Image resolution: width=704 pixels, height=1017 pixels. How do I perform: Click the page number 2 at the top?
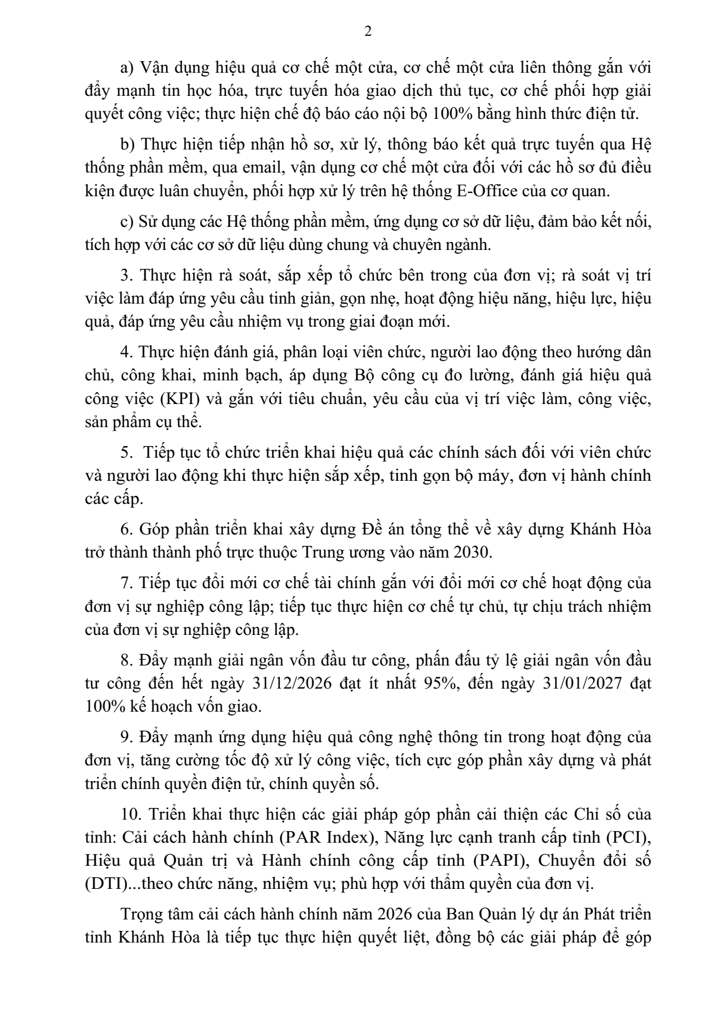click(368, 32)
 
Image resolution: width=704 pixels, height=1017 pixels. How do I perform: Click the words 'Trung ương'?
click(337, 552)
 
